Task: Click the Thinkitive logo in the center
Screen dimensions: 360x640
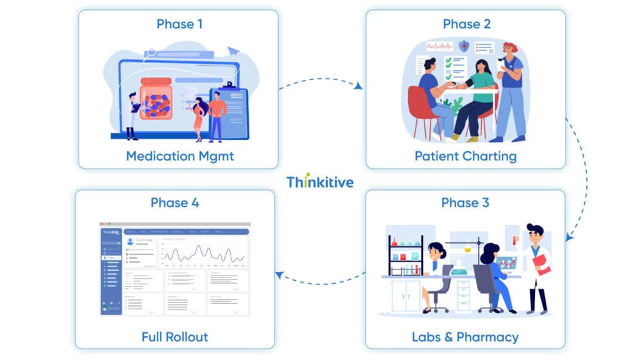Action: pyautogui.click(x=320, y=182)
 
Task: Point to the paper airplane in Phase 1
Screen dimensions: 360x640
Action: pyautogui.click(x=233, y=51)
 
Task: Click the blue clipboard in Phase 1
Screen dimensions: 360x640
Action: pyautogui.click(x=229, y=112)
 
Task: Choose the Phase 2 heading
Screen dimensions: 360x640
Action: pyautogui.click(x=466, y=24)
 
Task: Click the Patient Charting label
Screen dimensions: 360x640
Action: pyautogui.click(x=466, y=156)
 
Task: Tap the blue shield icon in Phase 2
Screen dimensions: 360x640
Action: pyautogui.click(x=464, y=46)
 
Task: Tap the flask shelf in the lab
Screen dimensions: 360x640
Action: pyautogui.click(x=405, y=256)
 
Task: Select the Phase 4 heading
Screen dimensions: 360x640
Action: pyautogui.click(x=175, y=203)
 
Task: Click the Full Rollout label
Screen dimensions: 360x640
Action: pyautogui.click(x=175, y=337)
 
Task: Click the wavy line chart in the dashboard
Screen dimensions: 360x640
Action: pyautogui.click(x=204, y=253)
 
